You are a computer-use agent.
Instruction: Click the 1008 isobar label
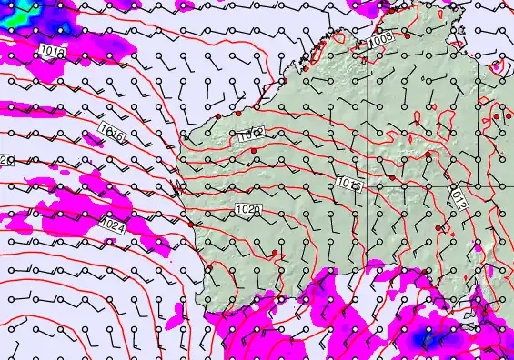click(381, 39)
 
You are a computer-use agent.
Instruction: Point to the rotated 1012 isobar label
click(459, 200)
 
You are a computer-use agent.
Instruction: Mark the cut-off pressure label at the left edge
click(5, 161)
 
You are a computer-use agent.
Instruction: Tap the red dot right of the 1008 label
click(407, 35)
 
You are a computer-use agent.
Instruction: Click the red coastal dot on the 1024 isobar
click(191, 224)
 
